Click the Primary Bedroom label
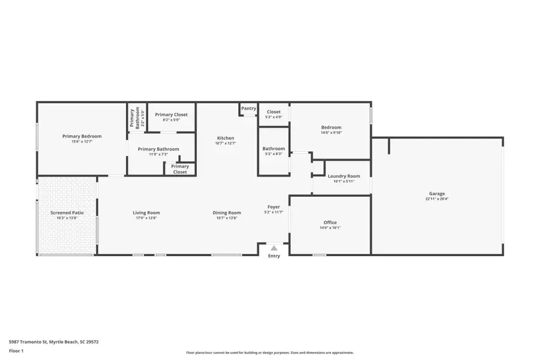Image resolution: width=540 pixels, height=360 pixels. point(82,136)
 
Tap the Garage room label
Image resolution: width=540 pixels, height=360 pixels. point(437,194)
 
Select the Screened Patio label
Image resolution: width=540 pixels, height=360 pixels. point(67,212)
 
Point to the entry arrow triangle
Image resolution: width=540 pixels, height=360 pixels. point(274,247)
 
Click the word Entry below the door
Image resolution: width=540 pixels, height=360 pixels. point(274,256)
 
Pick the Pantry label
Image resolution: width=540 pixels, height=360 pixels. point(248,109)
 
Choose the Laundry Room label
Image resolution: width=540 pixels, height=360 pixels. point(344,176)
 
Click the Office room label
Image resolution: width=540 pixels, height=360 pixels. point(330,223)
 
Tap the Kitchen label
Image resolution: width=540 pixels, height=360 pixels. point(226,138)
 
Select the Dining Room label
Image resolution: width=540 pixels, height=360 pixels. point(227,212)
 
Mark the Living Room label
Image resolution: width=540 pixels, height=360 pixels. point(146,212)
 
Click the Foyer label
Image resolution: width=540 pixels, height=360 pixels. point(274,207)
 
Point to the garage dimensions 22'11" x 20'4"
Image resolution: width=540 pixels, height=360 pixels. point(437,199)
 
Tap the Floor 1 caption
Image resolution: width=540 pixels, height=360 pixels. point(16,350)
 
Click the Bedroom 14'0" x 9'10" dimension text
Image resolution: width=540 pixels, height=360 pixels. point(331,133)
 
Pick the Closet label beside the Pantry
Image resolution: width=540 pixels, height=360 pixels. point(274,112)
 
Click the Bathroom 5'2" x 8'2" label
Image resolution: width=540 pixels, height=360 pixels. point(274,149)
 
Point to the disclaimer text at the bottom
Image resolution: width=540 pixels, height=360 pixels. point(269,353)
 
